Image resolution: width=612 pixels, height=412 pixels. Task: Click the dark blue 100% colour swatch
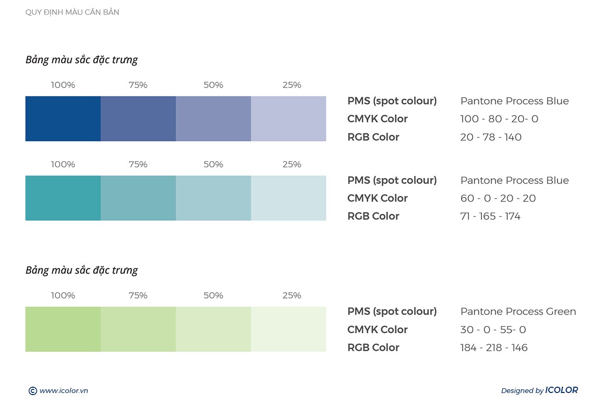[63, 119]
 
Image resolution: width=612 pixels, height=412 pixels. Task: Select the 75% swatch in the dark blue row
[138, 119]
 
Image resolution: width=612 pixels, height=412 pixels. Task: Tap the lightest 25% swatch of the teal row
[289, 198]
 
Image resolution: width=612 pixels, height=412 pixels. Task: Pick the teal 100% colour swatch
[63, 198]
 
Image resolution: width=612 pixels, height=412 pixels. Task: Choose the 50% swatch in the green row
[213, 329]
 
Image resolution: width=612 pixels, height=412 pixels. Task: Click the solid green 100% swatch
[63, 329]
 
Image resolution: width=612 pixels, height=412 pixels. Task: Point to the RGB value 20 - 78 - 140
[491, 137]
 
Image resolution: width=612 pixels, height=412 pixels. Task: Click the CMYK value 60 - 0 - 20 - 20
[498, 198]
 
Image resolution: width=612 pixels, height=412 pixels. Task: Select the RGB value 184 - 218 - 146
[494, 348]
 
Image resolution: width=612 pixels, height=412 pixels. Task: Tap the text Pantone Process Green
[518, 312]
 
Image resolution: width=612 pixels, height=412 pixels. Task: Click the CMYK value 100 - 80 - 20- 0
[499, 119]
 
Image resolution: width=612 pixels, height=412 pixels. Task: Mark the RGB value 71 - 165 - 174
[490, 216]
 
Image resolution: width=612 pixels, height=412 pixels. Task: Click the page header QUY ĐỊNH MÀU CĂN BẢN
[72, 12]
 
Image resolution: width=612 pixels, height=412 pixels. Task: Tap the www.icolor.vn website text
[63, 391]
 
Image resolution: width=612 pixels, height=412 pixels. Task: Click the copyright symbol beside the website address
[33, 391]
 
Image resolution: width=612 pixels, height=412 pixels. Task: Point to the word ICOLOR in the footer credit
[561, 390]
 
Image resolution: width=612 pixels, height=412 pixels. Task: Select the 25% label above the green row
[292, 295]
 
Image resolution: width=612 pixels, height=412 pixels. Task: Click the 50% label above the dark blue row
[213, 85]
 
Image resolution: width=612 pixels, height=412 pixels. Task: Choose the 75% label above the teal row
[138, 165]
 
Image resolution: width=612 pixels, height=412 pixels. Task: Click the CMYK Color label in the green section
[377, 330]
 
